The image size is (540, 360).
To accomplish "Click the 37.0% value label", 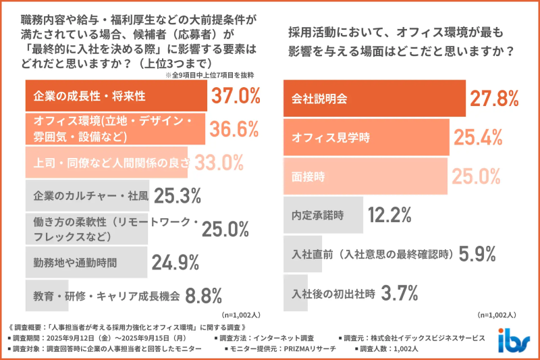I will click(x=236, y=96).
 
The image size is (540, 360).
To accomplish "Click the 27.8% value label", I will click(x=495, y=99).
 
